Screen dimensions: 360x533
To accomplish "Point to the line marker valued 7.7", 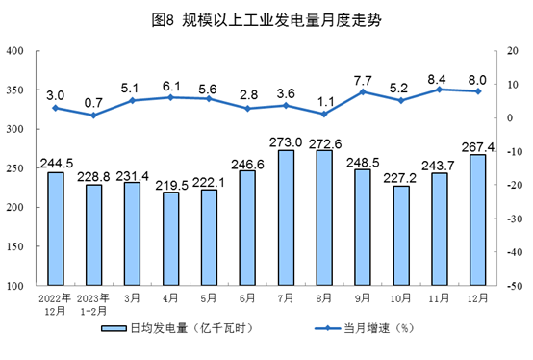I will point(363,91).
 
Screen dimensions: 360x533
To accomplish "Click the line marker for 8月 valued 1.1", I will point(324,114).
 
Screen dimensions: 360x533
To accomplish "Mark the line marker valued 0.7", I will point(94,116).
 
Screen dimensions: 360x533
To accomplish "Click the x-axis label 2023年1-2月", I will point(94,306).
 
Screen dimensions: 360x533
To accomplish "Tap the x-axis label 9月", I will point(363,299).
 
